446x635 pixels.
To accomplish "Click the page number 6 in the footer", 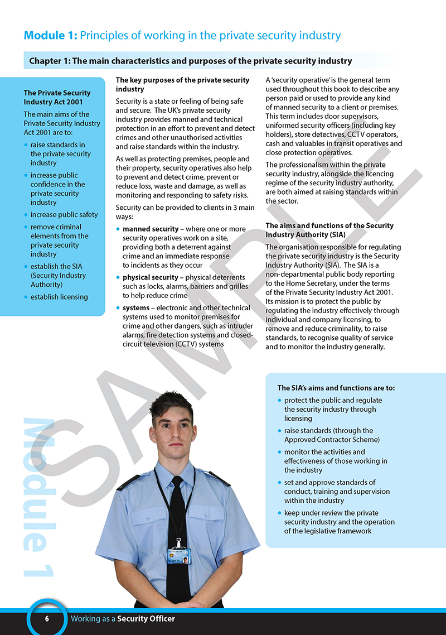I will [x=47, y=619].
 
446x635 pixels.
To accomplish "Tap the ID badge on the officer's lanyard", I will [x=179, y=556].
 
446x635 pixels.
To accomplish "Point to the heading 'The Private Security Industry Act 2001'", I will [x=57, y=97].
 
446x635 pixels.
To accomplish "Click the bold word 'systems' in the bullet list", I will [x=136, y=308].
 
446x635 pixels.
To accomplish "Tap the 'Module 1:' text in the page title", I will [x=50, y=36].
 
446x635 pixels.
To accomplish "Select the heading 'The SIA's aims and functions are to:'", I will [x=340, y=388].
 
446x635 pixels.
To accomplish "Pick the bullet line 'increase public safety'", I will [x=64, y=214].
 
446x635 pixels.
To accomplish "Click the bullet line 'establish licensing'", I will [x=59, y=297].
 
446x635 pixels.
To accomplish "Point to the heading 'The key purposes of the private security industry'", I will [x=182, y=84].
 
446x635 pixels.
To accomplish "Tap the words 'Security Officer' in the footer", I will [x=146, y=619].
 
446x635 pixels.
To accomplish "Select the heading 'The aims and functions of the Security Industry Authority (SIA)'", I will [x=329, y=230].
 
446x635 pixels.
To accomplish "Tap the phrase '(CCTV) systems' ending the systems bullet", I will [x=200, y=344].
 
